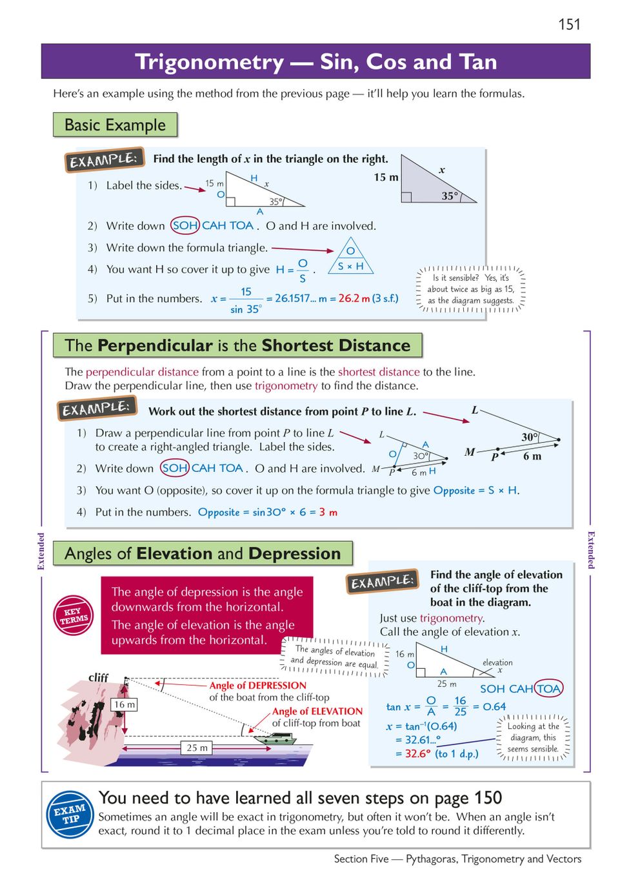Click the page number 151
(569, 25)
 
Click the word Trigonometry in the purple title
(209, 62)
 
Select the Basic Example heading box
(115, 125)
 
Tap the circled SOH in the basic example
(185, 225)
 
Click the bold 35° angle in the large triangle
(450, 196)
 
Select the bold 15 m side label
(386, 177)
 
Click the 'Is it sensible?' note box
(471, 289)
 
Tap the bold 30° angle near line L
(530, 437)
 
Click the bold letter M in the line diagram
(470, 452)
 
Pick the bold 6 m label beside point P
(532, 456)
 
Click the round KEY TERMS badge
(74, 615)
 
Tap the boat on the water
(275, 739)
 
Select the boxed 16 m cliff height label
(125, 704)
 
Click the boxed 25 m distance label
(197, 748)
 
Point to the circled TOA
(548, 688)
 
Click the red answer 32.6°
(419, 753)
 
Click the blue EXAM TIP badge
(70, 814)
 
